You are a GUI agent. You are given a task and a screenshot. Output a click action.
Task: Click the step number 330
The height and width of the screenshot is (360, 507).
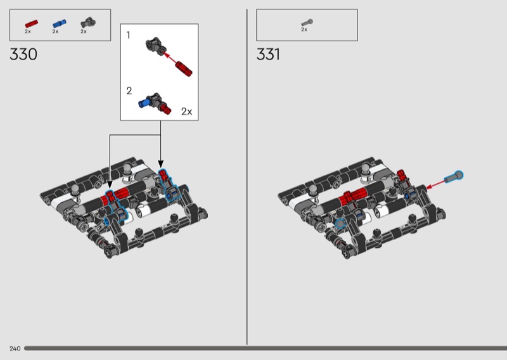[x=23, y=54]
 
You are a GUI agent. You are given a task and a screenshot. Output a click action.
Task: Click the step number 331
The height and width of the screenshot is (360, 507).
[x=268, y=54]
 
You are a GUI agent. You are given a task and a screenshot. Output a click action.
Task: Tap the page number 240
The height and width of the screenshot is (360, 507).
[x=15, y=349]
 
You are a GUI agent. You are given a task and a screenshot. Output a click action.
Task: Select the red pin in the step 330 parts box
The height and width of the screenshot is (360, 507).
[x=31, y=24]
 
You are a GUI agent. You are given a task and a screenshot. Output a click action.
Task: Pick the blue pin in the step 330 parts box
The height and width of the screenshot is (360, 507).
[x=59, y=23]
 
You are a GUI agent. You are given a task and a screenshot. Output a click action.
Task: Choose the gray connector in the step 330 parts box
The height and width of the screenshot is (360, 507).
[x=88, y=23]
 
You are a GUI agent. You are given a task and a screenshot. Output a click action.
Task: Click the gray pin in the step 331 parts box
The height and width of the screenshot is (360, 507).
[x=307, y=23]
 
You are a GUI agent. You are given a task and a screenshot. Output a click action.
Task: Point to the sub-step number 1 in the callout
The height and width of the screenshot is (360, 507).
[x=129, y=35]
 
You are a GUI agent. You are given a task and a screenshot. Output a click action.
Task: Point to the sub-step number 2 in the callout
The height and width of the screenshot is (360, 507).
[x=129, y=91]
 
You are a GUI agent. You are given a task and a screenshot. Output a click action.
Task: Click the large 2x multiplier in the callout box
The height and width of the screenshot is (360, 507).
[x=186, y=112]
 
